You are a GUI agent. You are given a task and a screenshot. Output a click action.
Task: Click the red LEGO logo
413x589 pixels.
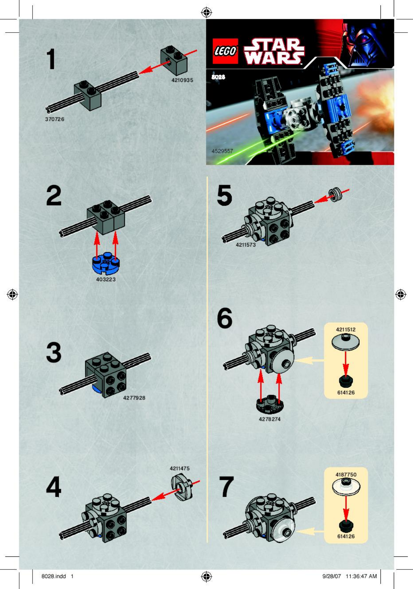[225, 51]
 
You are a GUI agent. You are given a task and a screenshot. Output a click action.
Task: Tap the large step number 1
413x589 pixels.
[51, 59]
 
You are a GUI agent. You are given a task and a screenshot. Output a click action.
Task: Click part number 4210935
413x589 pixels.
[182, 80]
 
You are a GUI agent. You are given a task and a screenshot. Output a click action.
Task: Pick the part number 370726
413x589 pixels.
[54, 119]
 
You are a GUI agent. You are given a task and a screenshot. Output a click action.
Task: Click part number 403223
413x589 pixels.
[106, 279]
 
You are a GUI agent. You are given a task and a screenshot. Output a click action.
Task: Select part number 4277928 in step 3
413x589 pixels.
[134, 398]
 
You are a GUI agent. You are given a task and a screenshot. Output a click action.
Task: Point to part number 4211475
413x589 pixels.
[180, 468]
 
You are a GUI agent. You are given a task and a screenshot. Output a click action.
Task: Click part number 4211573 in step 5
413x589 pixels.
[245, 245]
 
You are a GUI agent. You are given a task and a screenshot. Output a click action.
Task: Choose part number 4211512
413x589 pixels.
[346, 329]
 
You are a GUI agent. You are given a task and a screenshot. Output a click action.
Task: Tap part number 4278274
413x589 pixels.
[269, 419]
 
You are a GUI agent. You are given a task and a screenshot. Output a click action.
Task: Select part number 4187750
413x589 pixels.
[346, 475]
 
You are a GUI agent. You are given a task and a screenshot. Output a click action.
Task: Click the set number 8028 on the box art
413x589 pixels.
[218, 77]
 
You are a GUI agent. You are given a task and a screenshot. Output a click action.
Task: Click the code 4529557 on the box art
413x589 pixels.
[222, 151]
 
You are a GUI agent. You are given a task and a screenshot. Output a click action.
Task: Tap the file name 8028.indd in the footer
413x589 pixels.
[53, 576]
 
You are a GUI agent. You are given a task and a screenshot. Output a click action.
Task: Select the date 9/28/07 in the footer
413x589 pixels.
[331, 576]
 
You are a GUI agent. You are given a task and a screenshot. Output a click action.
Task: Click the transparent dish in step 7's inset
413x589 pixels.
[346, 486]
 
